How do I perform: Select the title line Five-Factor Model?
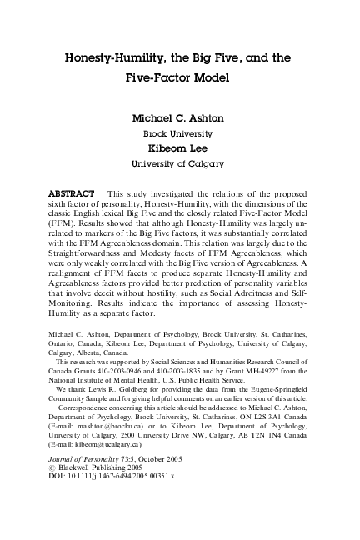click(180, 80)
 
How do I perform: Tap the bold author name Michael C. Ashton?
click(180, 117)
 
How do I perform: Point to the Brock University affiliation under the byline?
click(180, 133)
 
